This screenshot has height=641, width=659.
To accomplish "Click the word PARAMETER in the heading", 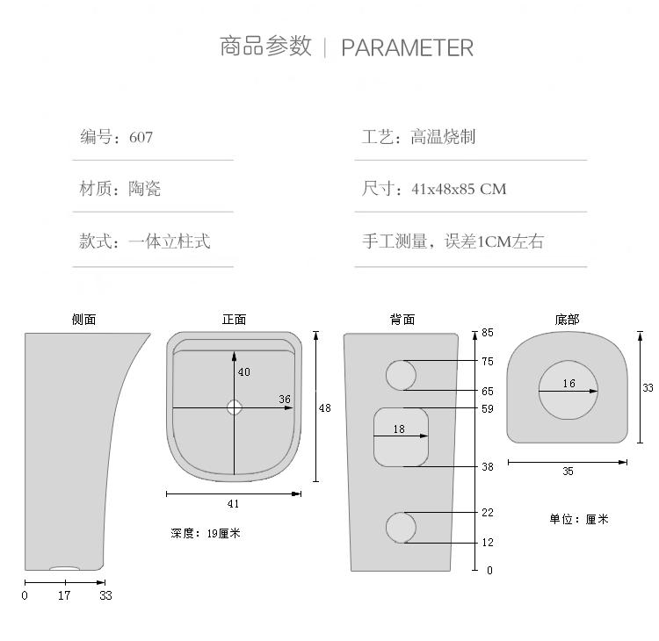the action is click(x=407, y=47).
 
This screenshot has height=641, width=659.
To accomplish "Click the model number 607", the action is click(x=141, y=137).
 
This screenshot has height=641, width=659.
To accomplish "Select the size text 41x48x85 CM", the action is click(x=459, y=189).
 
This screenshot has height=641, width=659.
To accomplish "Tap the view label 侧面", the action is click(x=83, y=320).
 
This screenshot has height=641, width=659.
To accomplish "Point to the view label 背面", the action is click(x=402, y=320).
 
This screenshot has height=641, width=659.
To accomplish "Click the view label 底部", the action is click(x=567, y=320).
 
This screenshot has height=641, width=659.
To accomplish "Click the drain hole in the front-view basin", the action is click(x=234, y=407).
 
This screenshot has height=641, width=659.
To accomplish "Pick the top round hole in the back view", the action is click(x=402, y=375).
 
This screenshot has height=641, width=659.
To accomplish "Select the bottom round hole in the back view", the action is click(x=402, y=527).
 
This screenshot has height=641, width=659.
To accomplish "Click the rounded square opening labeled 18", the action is click(x=401, y=436).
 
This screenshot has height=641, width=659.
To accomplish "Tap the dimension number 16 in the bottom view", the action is click(x=569, y=384).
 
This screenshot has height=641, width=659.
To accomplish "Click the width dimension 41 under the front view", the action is click(x=233, y=504).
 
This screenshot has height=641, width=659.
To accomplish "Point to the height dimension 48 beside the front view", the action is click(x=325, y=408).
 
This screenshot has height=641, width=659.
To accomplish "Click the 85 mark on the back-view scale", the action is click(x=488, y=334).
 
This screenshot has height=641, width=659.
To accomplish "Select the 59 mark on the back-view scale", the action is click(x=488, y=408).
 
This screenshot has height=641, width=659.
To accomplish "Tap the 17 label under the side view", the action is click(x=64, y=595).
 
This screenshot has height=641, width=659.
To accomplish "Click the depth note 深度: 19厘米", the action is click(x=205, y=533).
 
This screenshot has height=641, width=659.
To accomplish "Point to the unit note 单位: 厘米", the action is click(x=579, y=519).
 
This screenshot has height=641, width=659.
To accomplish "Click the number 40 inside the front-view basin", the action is click(x=244, y=372).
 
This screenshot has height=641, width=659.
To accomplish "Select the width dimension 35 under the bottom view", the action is click(x=568, y=472).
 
